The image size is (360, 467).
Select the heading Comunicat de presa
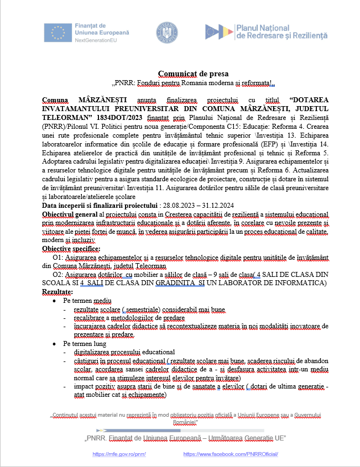[x=193, y=74]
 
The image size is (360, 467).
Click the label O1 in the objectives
[x=56, y=258]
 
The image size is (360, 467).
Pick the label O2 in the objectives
[x=56, y=275]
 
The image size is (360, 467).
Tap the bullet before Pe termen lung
[x=53, y=343]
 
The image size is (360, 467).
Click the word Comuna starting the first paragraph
[x=57, y=99]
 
